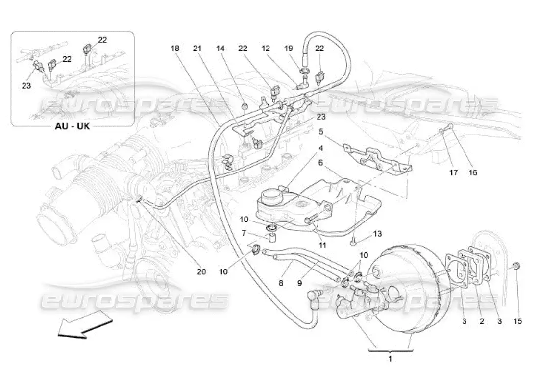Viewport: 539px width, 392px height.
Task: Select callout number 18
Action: coord(175,49)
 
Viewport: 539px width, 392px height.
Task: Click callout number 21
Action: coord(197,49)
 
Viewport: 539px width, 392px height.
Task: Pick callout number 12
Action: coord(266,49)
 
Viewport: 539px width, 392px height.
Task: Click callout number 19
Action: coord(288,49)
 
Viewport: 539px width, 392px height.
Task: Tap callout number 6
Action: coord(321,162)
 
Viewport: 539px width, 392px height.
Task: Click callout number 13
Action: coord(377,234)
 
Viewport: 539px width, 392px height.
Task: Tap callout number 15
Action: coord(518,321)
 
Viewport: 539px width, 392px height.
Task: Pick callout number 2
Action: coord(482,321)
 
